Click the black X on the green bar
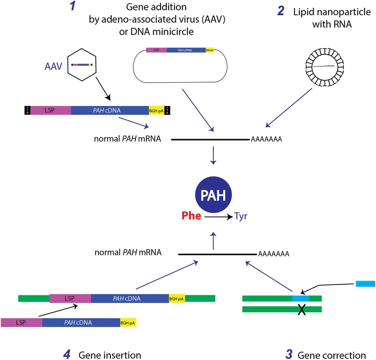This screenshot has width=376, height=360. (301, 309)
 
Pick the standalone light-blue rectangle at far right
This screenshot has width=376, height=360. (365, 284)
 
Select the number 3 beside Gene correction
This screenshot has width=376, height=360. (288, 354)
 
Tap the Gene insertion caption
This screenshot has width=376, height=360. (109, 355)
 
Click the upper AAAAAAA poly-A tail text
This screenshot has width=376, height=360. (266, 139)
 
